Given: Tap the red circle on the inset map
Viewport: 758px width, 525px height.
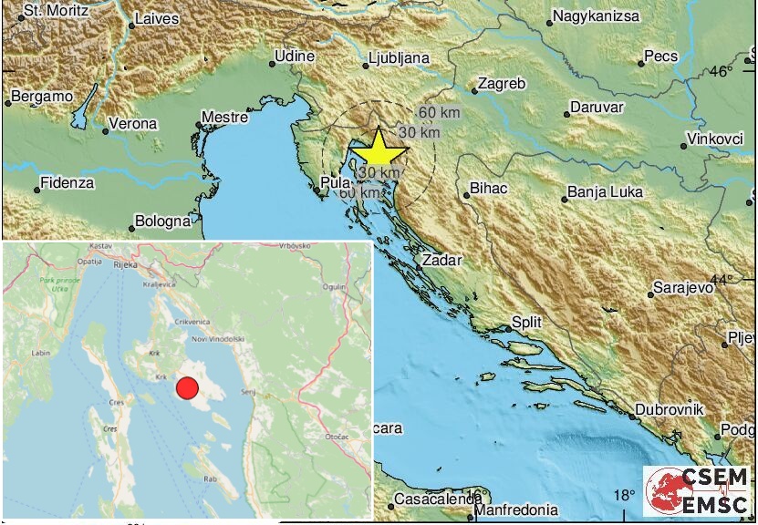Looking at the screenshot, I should coord(186,388).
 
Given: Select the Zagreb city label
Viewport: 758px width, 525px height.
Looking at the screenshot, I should coord(503,84).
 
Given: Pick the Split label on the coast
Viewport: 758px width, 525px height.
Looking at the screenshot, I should coord(526,322).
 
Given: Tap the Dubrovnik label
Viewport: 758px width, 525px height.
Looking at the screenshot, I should coord(670,410).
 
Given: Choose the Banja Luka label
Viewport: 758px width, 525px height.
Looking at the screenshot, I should coord(605,191).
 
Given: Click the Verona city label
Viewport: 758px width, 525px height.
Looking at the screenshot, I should coord(133,123).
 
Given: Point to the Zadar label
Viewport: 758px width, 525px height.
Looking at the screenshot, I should coord(441,259).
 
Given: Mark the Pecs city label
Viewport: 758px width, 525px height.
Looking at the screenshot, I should coord(660,57).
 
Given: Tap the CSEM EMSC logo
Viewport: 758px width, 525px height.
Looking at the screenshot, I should coord(697,489).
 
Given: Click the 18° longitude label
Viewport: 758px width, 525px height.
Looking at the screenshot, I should coord(623,496).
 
